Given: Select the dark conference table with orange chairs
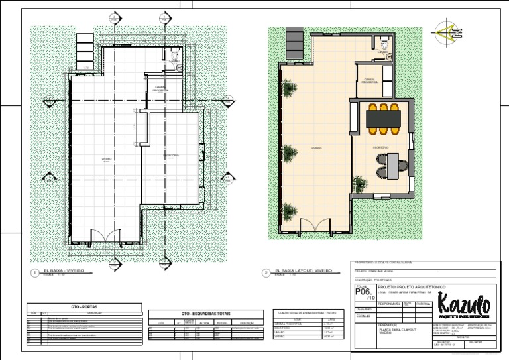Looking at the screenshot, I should tap(384, 118).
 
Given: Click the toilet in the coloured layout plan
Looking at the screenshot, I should tap(384, 44).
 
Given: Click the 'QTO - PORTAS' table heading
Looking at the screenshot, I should tap(84, 307).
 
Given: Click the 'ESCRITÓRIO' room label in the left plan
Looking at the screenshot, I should tap(171, 155).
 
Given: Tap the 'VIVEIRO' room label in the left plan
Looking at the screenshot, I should tap(106, 159).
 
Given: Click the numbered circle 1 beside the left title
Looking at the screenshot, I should tap(34, 273).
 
